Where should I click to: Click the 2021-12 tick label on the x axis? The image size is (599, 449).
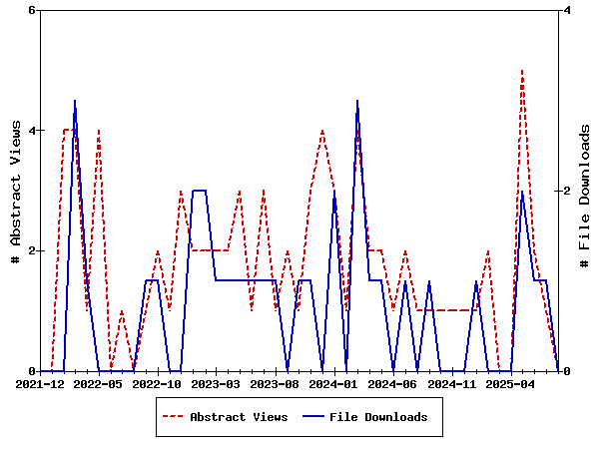[40, 383]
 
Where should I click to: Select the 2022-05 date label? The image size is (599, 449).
[99, 383]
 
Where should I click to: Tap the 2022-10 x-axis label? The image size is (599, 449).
[158, 383]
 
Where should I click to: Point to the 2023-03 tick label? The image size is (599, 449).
[217, 383]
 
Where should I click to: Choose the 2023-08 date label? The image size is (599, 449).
[276, 383]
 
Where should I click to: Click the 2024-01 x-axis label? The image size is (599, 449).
[334, 383]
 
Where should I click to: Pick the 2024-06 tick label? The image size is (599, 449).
[393, 383]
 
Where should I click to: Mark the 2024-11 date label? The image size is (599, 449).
[452, 383]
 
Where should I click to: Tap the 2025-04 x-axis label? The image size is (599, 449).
[511, 383]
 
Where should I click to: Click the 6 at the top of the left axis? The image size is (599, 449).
[31, 10]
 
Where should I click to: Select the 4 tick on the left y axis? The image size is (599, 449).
[31, 131]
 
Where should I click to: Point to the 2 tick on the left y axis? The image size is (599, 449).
[31, 250]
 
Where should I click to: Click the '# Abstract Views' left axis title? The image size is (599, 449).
[15, 191]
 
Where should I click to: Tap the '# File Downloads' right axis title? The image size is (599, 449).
[585, 191]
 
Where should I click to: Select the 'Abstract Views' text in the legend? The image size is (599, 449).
[239, 417]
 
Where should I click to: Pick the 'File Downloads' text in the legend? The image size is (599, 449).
[378, 417]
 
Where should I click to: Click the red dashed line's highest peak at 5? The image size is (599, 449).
[522, 71]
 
